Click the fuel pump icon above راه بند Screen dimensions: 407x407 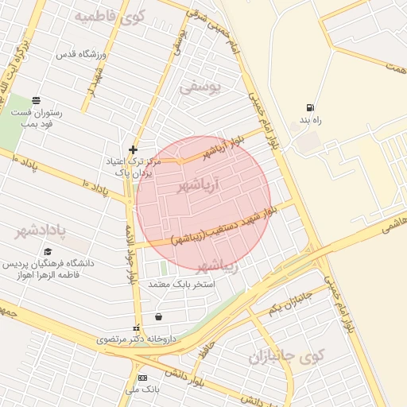click(308, 108)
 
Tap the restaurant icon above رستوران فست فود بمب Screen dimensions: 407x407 click(37, 100)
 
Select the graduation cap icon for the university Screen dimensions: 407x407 click(48, 251)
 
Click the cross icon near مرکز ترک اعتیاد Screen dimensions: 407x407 click(133, 149)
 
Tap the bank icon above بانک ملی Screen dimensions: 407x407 click(142, 378)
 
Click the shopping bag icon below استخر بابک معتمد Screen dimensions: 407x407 click(159, 316)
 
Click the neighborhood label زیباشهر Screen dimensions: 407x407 click(217, 265)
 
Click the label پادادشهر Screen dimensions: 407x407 click(41, 231)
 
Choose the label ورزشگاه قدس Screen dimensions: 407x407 click(77, 55)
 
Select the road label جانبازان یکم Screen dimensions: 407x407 click(290, 303)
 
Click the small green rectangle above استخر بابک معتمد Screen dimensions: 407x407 click(165, 269)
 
